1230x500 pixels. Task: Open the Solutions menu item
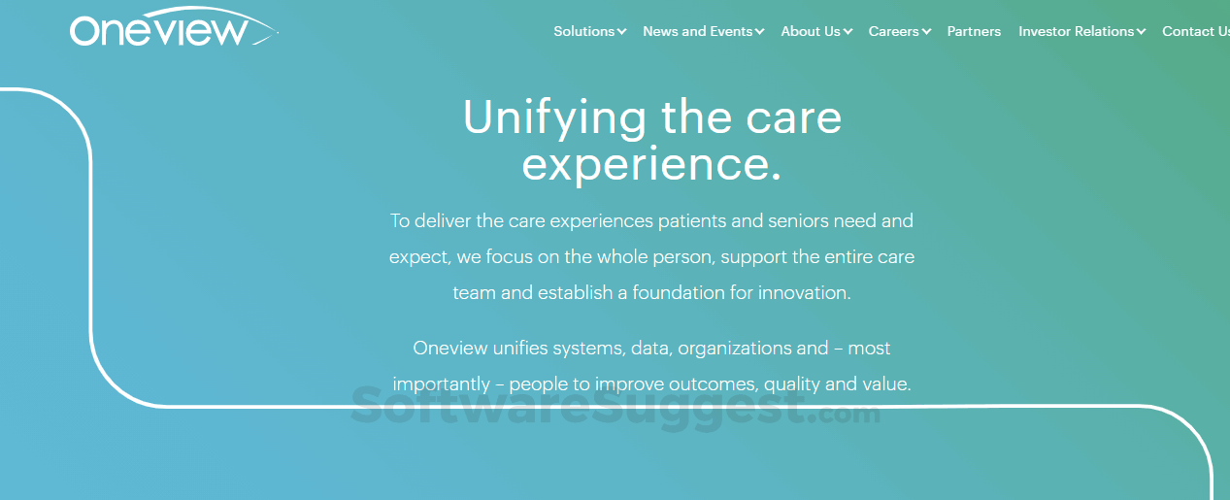pos(583,31)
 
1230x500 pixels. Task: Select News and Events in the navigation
pos(697,31)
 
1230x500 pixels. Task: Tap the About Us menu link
pos(811,31)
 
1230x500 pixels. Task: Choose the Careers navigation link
pos(893,31)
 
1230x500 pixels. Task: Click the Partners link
pos(974,31)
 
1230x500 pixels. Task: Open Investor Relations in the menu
pos(1076,31)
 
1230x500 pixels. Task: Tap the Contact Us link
pos(1195,31)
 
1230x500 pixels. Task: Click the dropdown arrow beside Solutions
pos(621,32)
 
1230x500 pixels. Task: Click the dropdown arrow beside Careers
pos(926,32)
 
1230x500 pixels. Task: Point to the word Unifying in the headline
pos(554,118)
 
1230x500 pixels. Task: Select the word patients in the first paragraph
pos(691,220)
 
